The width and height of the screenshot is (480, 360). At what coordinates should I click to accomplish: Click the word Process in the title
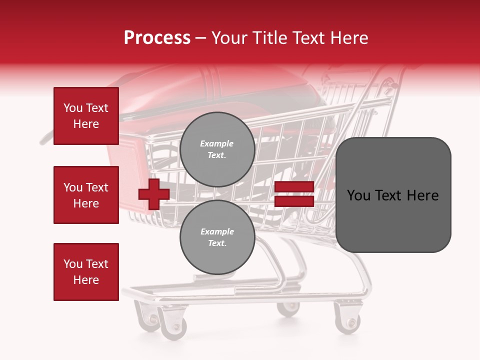coord(157,38)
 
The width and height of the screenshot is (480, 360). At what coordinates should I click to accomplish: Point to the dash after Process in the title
coord(200,38)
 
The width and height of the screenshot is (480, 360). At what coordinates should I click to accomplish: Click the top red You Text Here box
coord(86,116)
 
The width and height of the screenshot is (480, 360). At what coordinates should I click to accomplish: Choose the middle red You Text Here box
coord(86,195)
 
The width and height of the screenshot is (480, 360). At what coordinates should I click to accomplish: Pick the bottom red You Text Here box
coord(86,272)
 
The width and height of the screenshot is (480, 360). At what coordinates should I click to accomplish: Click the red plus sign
coord(153,194)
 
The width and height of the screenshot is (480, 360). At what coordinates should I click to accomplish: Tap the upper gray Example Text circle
coord(217,149)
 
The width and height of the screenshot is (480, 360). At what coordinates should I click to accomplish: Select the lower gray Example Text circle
coord(217,237)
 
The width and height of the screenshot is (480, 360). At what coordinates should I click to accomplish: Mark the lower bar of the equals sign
coord(294,201)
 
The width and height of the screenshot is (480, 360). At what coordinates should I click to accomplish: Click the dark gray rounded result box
coord(393,194)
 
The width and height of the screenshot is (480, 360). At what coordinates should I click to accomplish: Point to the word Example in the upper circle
coord(217,144)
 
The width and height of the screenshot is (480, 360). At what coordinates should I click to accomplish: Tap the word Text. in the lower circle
coord(217,243)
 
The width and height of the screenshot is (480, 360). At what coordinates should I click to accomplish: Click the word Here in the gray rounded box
coord(422,195)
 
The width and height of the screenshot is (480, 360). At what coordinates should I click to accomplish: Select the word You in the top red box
coord(72,108)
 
